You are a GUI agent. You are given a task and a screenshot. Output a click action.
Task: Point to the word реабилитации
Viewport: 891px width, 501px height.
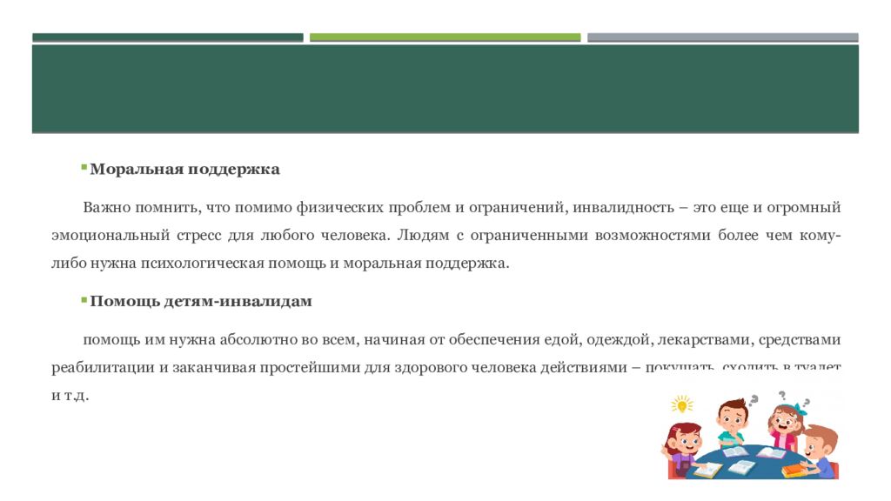pos(102,367)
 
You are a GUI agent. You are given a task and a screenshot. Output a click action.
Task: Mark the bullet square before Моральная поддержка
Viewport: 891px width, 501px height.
pos(84,166)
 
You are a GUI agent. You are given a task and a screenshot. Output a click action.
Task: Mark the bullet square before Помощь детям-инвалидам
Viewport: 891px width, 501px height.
pos(84,298)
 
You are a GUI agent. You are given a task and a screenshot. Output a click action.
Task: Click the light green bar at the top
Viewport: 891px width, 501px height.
pos(445,37)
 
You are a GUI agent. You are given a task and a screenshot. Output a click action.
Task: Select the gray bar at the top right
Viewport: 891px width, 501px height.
pos(722,37)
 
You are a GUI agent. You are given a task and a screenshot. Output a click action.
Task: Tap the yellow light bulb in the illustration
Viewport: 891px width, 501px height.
pos(681,404)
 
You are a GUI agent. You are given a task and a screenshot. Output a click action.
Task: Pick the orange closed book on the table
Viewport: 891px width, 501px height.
pos(794,471)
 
